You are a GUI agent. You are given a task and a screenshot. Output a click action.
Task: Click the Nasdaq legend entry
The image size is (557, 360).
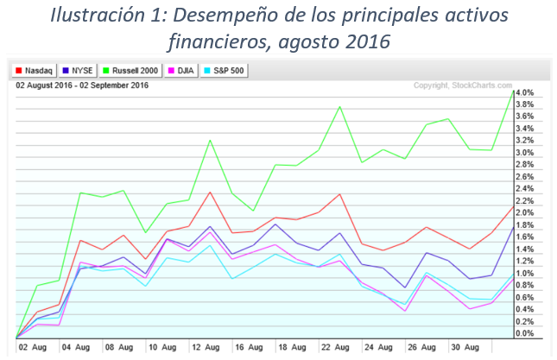pyautogui.click(x=37, y=70)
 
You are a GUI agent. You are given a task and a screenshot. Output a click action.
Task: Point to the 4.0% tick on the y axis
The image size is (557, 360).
pyautogui.click(x=526, y=92)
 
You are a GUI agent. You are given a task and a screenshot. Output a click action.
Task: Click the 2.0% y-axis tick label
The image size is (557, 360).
pyautogui.click(x=526, y=212)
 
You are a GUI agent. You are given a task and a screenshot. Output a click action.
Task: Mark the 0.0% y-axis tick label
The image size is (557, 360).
pyautogui.click(x=526, y=333)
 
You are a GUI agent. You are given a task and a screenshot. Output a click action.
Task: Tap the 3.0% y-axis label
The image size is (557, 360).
pyautogui.click(x=526, y=153)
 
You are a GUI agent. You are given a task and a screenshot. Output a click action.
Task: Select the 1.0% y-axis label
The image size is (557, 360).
pyautogui.click(x=526, y=273)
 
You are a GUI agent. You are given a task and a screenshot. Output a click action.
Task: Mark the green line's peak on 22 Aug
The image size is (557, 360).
pyautogui.click(x=339, y=106)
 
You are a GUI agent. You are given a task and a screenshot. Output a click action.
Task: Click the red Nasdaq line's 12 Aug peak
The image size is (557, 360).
pyautogui.click(x=209, y=192)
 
